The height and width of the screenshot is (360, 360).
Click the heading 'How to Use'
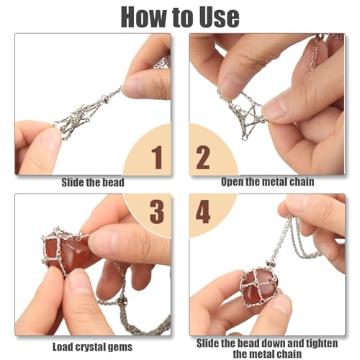click(x=179, y=16)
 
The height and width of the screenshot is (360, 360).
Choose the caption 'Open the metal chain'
click(x=267, y=182)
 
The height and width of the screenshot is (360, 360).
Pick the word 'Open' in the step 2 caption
click(x=233, y=182)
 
